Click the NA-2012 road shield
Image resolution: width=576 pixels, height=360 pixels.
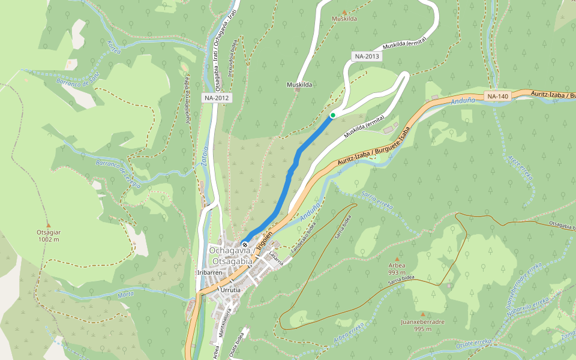click(x=216, y=97)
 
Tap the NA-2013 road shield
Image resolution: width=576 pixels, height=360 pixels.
click(x=367, y=56)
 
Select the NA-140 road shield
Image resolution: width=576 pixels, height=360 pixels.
click(x=497, y=96)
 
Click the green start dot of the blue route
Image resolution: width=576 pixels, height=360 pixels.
click(x=332, y=115)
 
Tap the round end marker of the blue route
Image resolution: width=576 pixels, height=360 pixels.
click(x=245, y=244)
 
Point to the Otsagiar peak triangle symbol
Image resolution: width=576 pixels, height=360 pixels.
click(x=49, y=224)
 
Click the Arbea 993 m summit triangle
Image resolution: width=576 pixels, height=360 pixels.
click(x=397, y=256)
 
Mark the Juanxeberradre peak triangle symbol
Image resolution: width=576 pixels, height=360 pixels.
click(x=422, y=314)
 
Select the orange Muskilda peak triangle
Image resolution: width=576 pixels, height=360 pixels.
click(x=344, y=11)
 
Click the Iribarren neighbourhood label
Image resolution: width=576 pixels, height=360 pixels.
click(x=210, y=272)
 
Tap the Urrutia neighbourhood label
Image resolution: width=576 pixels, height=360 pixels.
click(x=230, y=290)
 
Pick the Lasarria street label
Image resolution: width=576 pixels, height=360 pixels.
click(x=275, y=256)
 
